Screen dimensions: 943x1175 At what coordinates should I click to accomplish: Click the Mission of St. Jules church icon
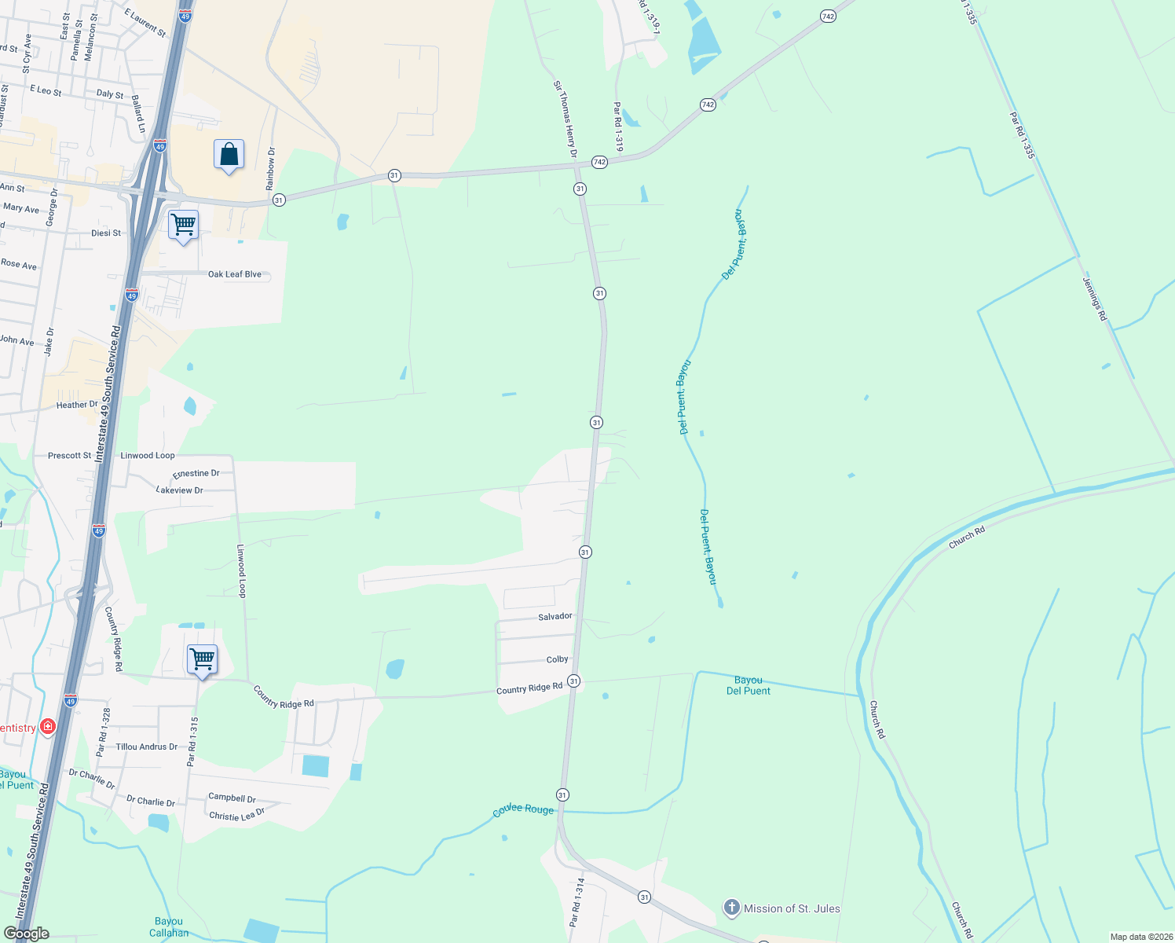click(x=731, y=908)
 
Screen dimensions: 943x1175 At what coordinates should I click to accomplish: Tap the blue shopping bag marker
click(x=229, y=154)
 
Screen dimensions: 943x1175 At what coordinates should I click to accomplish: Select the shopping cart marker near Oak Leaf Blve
click(x=183, y=226)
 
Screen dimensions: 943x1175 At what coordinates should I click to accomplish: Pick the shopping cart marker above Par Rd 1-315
click(x=202, y=659)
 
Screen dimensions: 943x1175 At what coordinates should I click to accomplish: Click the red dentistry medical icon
click(x=48, y=727)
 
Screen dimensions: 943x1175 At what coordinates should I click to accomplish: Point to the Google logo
click(x=26, y=934)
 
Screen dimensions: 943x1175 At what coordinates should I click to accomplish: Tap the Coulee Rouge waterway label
click(x=523, y=809)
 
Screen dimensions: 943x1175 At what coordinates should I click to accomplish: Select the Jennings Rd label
click(x=1094, y=299)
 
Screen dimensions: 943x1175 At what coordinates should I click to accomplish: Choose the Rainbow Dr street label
click(x=270, y=168)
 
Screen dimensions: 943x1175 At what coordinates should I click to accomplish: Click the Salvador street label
click(x=555, y=616)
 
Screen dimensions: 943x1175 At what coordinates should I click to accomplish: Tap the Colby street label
click(x=557, y=659)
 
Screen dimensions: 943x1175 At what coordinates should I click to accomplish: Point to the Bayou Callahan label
click(x=169, y=927)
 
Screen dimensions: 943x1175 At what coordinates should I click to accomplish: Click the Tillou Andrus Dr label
click(x=147, y=747)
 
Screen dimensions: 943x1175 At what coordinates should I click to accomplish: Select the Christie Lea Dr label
click(x=236, y=815)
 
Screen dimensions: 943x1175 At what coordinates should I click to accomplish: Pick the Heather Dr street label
click(x=77, y=405)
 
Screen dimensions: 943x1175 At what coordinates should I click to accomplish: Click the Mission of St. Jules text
click(x=792, y=908)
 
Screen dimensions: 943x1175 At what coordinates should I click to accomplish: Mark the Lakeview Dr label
click(x=180, y=490)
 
